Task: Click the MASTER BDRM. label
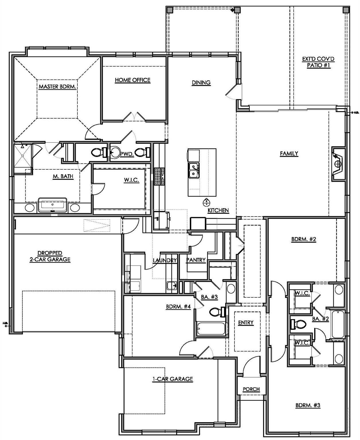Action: [x=57, y=87]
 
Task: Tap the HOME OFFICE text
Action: [x=132, y=80]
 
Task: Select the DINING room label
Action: [x=201, y=82]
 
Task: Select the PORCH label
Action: [x=251, y=389]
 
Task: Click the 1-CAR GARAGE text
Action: [x=173, y=379]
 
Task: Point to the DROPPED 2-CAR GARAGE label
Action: [x=50, y=256]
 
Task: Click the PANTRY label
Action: [x=196, y=260]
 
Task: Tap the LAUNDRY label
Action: [x=165, y=260]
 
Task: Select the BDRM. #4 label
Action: [x=178, y=307]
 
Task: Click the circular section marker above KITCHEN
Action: [x=206, y=203]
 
